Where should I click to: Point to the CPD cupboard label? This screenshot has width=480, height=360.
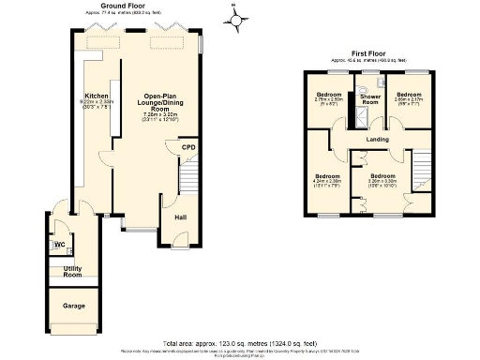coord(187,147)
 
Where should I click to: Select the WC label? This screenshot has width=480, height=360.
coord(59,247)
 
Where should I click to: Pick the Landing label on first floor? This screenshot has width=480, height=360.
coord(377,141)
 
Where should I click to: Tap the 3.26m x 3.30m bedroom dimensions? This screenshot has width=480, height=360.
coord(381,183)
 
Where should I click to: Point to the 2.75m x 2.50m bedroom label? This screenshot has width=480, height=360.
coord(328,100)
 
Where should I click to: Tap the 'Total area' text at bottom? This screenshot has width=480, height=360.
coord(240,344)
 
